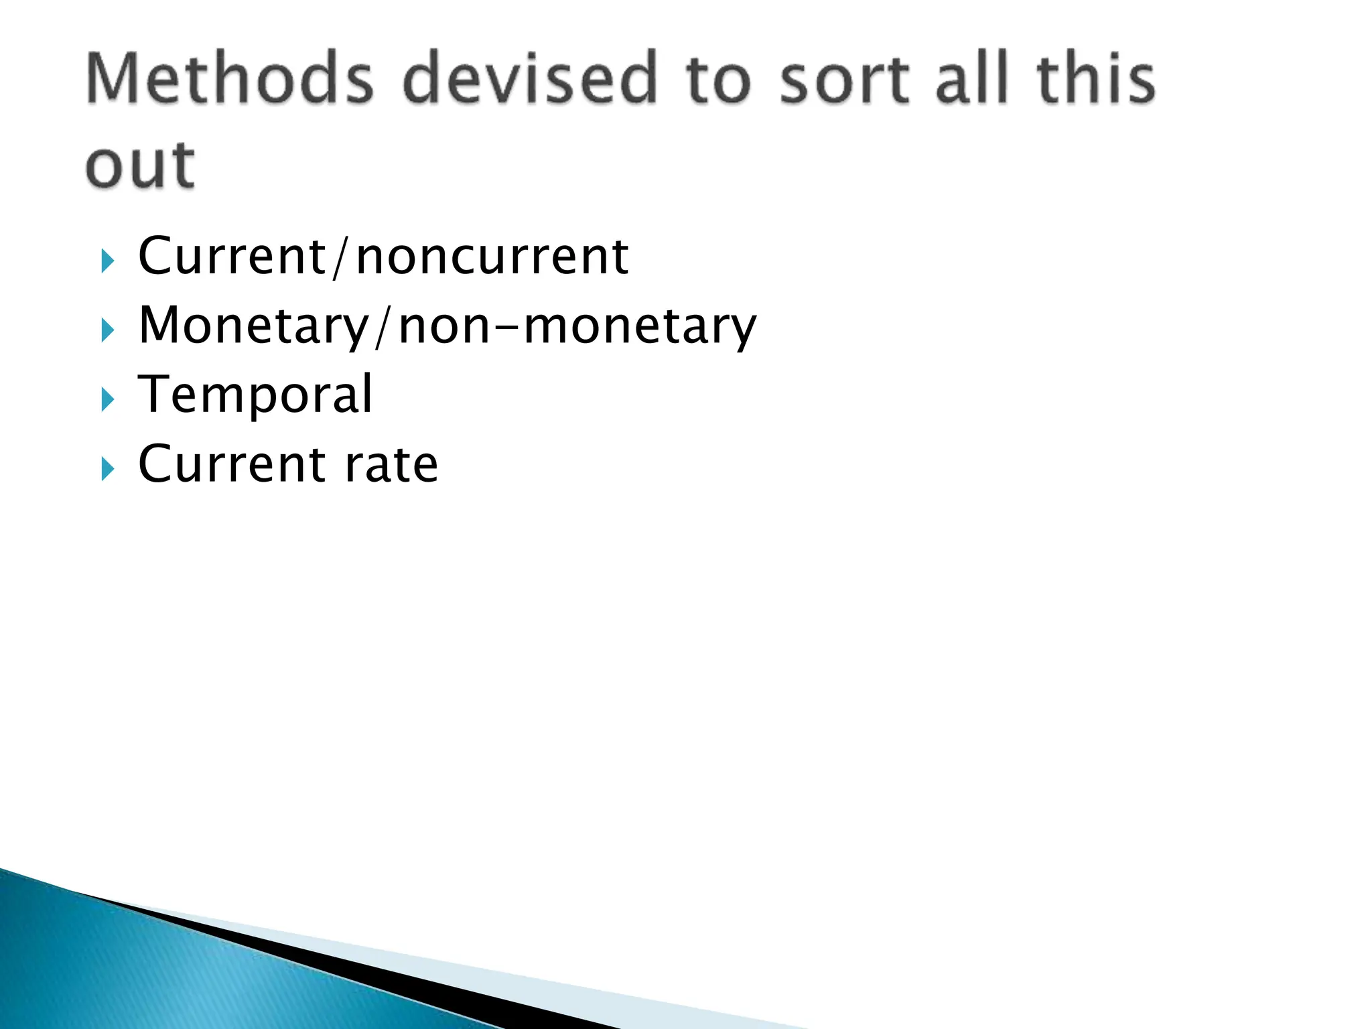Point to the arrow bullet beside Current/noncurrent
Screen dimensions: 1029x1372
click(x=107, y=261)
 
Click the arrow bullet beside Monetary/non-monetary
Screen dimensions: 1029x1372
click(x=107, y=330)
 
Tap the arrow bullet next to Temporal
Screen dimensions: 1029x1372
click(x=107, y=400)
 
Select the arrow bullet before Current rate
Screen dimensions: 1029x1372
click(x=107, y=469)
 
